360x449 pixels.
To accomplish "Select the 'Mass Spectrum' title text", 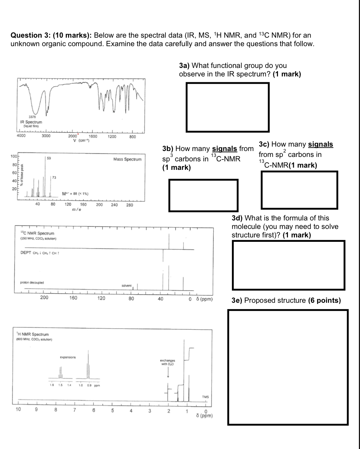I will click(x=127, y=159).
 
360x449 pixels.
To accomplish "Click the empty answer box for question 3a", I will click(x=227, y=107).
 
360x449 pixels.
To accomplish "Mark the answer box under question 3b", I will click(x=203, y=195).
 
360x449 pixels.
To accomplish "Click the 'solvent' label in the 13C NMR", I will click(x=127, y=286).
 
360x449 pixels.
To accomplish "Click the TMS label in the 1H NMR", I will click(x=206, y=397).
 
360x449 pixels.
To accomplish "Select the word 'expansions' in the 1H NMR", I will click(x=68, y=357).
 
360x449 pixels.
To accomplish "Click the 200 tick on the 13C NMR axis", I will click(x=44, y=298).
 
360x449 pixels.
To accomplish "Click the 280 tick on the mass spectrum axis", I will click(x=130, y=205).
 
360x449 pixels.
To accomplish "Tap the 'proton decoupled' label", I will click(x=32, y=282).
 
